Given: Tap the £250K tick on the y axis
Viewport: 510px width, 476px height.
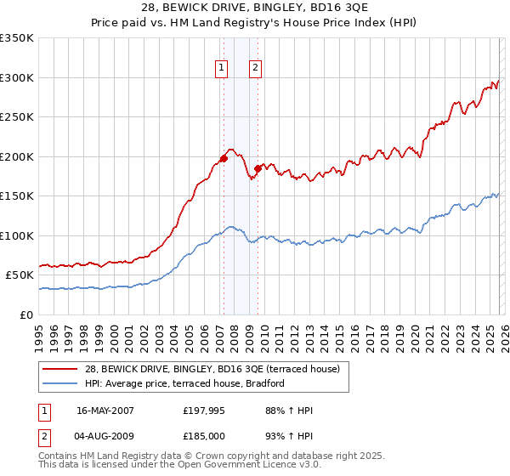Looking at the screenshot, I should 17,116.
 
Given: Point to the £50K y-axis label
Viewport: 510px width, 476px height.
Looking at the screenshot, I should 20,275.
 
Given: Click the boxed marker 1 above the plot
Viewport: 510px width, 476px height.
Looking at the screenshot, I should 221,70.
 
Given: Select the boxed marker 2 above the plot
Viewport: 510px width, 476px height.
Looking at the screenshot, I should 255,70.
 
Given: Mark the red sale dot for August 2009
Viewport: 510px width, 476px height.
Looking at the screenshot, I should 258,168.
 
